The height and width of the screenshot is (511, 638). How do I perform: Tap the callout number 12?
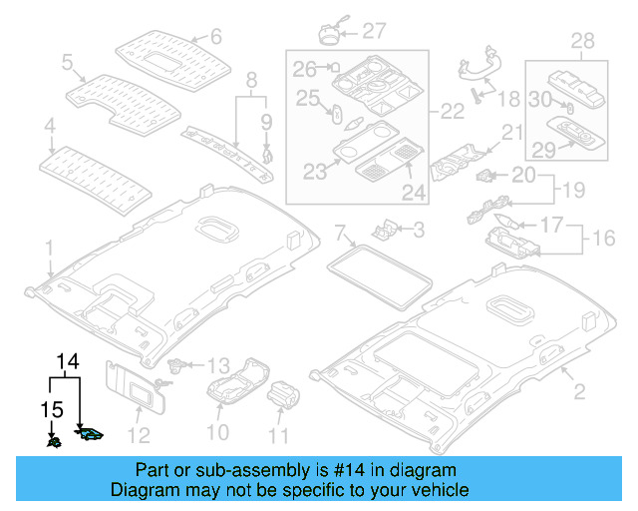coord(139,433)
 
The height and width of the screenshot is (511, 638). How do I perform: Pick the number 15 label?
coord(51,409)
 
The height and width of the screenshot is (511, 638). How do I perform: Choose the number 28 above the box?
coord(581,41)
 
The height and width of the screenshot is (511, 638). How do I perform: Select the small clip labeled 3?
coord(381,232)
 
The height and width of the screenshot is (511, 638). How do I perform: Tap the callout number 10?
coord(217,432)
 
